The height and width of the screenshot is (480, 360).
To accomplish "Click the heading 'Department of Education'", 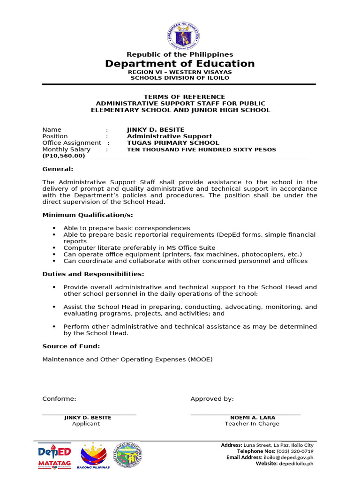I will click(180, 64).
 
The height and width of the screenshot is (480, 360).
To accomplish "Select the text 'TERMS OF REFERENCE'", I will click(180, 97).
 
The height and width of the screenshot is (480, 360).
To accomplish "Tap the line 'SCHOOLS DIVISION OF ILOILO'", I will click(180, 78).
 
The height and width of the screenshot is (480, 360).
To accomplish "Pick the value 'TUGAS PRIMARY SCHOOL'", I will click(173, 143).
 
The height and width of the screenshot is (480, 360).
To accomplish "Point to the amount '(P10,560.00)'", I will click(64, 156).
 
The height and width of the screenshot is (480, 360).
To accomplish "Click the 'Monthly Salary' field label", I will click(66, 150).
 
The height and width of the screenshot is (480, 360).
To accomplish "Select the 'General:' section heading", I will click(58, 169).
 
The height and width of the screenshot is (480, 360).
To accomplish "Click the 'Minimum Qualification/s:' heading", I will click(88, 215).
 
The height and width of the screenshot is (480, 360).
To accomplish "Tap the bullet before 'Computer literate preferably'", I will click(54, 248).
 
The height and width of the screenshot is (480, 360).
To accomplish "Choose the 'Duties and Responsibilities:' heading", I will click(93, 274).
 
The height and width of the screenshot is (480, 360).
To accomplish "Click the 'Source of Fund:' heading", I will click(71, 346).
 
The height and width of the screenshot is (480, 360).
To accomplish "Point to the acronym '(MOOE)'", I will click(201, 360).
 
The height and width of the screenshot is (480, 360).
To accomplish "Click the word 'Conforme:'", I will click(59, 399).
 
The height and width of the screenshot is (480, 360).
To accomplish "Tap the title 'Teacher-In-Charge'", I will click(252, 424).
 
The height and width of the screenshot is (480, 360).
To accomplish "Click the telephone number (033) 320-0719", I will click(295, 451).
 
